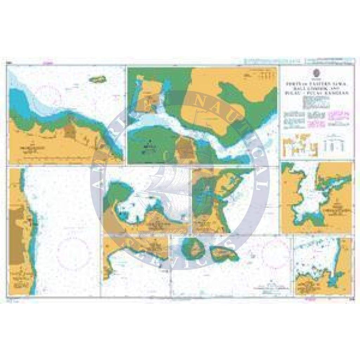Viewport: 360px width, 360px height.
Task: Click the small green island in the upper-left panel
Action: (97, 79)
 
